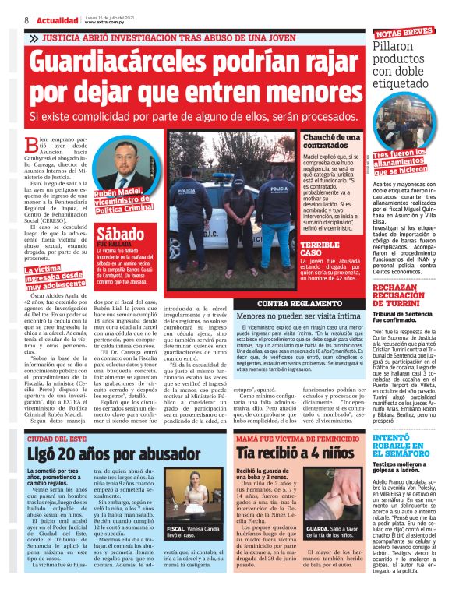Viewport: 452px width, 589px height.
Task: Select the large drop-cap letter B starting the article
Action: click(x=33, y=145)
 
